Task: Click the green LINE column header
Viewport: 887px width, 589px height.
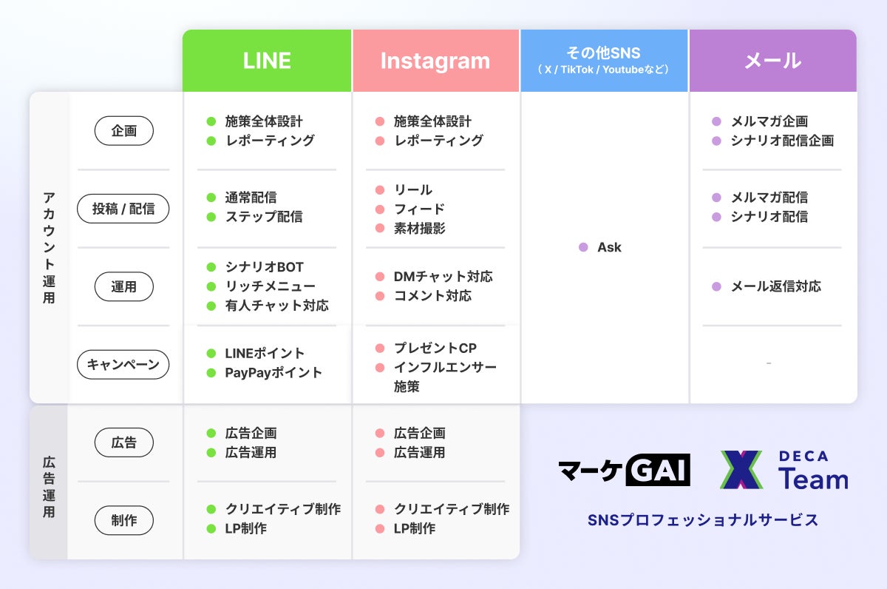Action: [x=267, y=61]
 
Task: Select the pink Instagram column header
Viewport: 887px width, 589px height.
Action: [x=435, y=61]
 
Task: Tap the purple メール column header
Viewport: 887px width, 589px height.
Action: [x=772, y=61]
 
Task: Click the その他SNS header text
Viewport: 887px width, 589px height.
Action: [x=604, y=53]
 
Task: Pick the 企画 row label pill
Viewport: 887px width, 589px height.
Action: [x=123, y=131]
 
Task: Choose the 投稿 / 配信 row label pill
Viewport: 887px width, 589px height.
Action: [x=123, y=209]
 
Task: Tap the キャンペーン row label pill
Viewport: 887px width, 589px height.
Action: [x=123, y=364]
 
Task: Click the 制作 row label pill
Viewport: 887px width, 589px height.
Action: [x=123, y=520]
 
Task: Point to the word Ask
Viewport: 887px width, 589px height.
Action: [x=609, y=247]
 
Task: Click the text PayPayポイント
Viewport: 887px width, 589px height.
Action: [x=273, y=372]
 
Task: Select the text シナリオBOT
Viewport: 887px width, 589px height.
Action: [x=264, y=267]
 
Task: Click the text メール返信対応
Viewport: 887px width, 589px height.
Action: [x=775, y=286]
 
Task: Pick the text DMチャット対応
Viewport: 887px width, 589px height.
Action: [x=443, y=277]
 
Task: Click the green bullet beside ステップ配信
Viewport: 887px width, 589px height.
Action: [x=211, y=217]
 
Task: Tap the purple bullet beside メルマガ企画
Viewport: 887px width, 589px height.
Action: [x=716, y=121]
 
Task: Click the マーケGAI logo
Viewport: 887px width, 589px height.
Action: [x=624, y=470]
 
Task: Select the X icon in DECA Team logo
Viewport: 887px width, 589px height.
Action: [x=741, y=470]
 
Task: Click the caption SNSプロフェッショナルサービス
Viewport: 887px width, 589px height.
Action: [x=703, y=519]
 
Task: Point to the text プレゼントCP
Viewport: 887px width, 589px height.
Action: [x=435, y=348]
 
